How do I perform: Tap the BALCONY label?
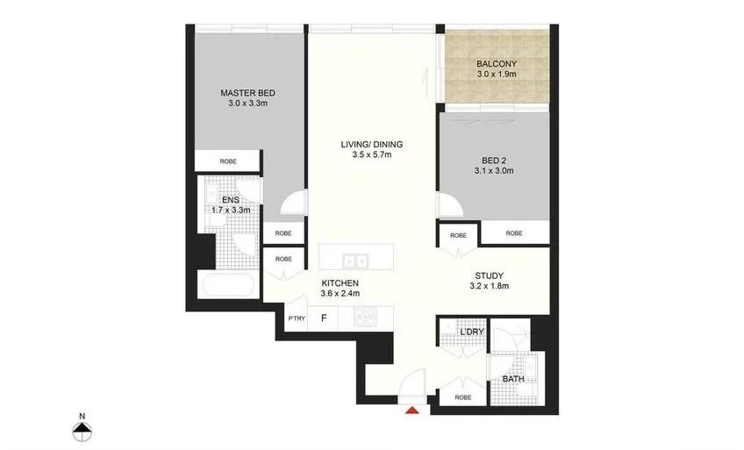[497, 64]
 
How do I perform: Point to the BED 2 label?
[497, 160]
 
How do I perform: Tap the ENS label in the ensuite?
[231, 200]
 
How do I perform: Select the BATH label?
[513, 379]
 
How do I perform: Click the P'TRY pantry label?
[297, 318]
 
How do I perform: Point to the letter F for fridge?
[325, 318]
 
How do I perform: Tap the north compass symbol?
[82, 429]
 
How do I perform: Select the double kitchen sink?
[356, 261]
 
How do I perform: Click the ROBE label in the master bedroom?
[228, 161]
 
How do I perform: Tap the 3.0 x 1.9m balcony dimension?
[497, 75]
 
